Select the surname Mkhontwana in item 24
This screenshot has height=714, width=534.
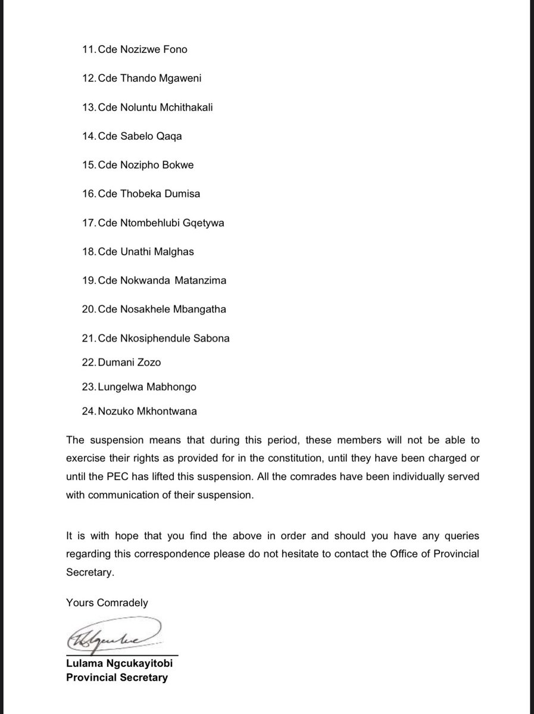[168, 411]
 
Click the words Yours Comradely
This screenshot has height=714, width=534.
[107, 603]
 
